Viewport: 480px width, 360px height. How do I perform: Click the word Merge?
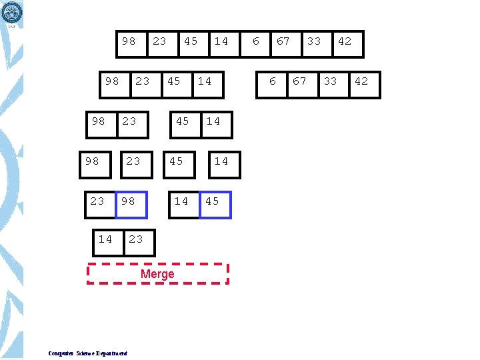[157, 274]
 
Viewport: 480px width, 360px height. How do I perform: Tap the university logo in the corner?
[13, 12]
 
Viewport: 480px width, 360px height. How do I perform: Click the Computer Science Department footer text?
[88, 353]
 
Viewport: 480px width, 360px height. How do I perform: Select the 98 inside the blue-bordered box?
[128, 201]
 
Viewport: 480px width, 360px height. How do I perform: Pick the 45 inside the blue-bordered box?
[212, 201]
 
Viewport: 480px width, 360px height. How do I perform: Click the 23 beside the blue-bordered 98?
[97, 201]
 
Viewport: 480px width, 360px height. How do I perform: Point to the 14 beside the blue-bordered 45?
[181, 201]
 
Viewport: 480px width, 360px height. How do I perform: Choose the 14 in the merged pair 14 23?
[105, 239]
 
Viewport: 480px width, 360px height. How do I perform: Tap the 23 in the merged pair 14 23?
[135, 239]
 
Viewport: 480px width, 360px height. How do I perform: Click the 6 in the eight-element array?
[256, 41]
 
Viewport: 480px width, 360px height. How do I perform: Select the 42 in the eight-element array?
[344, 41]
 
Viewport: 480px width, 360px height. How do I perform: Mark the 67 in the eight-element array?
[283, 41]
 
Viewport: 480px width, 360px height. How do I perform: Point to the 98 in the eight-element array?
[129, 41]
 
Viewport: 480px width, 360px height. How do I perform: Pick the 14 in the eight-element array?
[221, 41]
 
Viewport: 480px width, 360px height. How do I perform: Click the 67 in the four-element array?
[300, 81]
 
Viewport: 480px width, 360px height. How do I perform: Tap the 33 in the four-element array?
[331, 81]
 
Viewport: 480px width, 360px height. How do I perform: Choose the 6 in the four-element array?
[272, 81]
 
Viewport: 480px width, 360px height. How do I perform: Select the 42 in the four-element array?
[361, 81]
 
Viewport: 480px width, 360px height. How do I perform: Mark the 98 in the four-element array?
[112, 81]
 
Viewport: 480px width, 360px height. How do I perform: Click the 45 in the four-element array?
[173, 81]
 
